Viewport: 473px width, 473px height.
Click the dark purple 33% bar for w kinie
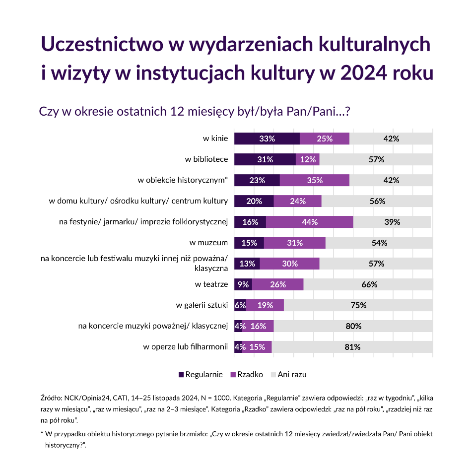267,139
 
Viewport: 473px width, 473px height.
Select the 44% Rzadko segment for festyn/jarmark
309,222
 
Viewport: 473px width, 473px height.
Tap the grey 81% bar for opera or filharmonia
352,347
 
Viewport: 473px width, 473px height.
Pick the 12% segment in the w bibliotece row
308,160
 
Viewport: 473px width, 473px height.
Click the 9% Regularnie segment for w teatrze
243,284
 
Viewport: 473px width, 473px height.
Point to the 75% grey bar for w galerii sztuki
358,305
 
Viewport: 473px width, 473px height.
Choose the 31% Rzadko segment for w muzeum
294,243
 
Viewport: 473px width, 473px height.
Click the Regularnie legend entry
201,374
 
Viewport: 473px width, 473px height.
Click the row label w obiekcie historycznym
182,180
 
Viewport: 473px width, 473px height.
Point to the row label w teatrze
211,284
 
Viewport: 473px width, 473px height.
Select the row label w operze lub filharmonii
186,347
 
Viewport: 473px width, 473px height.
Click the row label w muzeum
209,243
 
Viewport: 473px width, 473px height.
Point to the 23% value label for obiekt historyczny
257,180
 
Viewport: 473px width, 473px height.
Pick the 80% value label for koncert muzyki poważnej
353,326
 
